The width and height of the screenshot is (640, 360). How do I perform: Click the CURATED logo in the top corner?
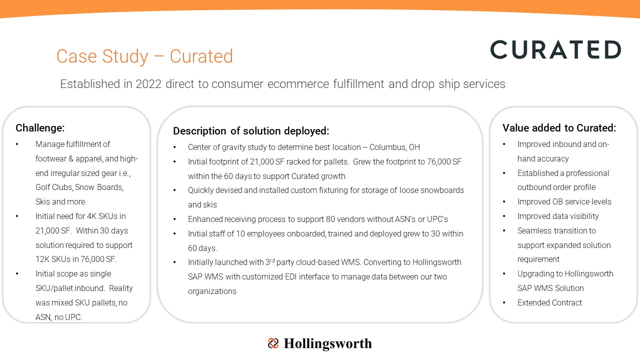click(x=555, y=49)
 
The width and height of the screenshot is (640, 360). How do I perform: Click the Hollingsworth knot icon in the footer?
click(x=273, y=343)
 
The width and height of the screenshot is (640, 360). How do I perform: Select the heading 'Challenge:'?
click(x=40, y=128)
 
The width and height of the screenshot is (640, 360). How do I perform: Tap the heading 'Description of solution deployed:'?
click(x=251, y=131)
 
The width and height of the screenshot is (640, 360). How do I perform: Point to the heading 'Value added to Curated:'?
click(x=559, y=128)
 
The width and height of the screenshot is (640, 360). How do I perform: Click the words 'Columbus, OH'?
click(x=394, y=147)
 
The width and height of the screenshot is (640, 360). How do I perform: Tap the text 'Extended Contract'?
click(x=549, y=302)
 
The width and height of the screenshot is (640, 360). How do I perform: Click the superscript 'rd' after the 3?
click(x=272, y=260)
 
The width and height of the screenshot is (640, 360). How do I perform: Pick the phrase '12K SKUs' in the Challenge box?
click(x=53, y=259)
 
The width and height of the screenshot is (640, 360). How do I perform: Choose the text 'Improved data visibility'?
click(x=558, y=216)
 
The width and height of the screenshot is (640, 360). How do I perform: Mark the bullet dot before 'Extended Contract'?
click(x=504, y=302)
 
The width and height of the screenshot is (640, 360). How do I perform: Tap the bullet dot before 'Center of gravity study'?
click(x=174, y=147)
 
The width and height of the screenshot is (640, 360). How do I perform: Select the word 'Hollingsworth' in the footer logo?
click(x=327, y=343)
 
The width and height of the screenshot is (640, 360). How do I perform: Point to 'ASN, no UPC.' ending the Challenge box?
click(x=59, y=317)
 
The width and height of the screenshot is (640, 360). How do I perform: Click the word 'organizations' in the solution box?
click(x=212, y=291)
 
